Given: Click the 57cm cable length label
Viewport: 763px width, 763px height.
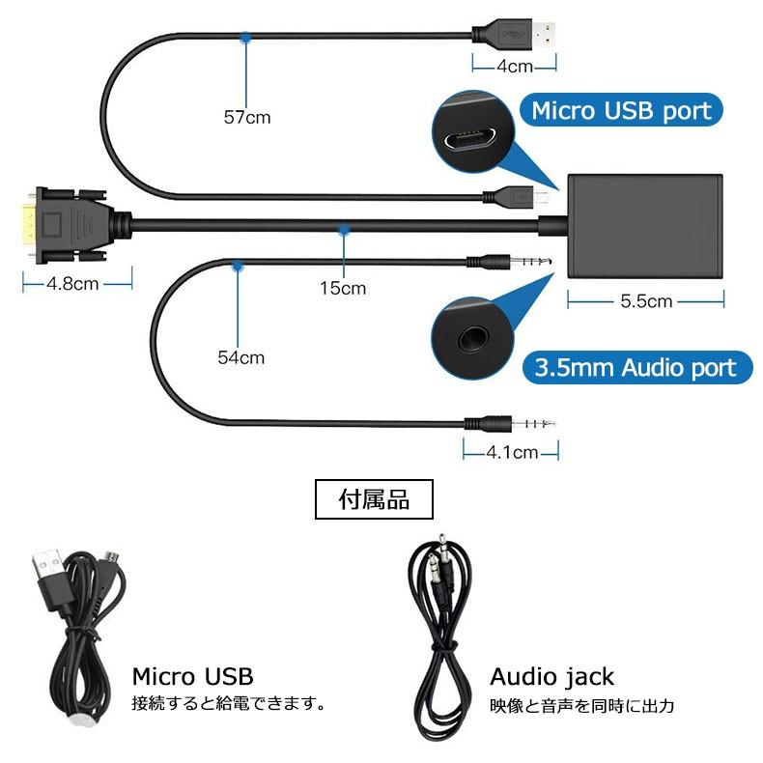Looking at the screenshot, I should [247, 118].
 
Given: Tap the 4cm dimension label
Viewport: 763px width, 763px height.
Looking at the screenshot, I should [515, 67].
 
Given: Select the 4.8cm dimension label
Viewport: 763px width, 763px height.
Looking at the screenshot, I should [76, 284].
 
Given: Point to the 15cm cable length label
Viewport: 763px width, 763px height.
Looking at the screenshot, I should [343, 288].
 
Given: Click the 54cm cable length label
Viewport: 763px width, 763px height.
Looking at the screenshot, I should [240, 357].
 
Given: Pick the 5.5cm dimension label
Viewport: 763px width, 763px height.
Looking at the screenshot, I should [645, 301].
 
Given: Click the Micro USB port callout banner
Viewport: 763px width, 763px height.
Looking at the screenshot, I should [621, 110].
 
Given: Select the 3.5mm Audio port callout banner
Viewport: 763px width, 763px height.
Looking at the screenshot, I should [636, 367].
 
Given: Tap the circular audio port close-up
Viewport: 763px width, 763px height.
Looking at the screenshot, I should [473, 339].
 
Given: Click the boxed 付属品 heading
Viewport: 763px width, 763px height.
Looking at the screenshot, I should [374, 499].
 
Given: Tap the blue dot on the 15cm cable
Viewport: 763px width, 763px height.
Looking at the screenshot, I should [343, 230].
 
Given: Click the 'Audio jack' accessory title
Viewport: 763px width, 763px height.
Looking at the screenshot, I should [551, 676].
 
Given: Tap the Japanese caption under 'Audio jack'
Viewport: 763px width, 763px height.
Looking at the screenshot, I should [581, 706].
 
